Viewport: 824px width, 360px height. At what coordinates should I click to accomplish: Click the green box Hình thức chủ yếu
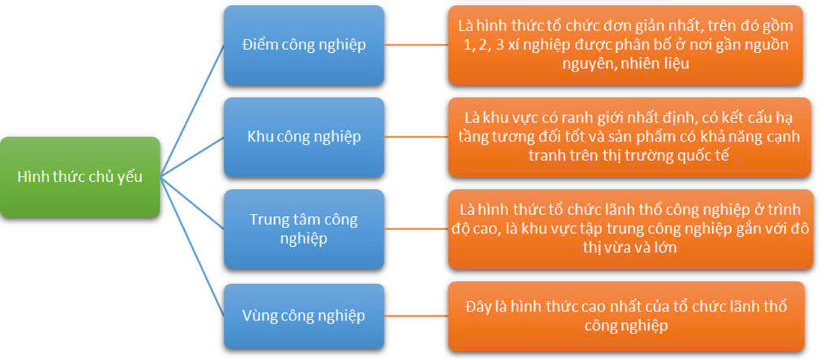[x=80, y=177]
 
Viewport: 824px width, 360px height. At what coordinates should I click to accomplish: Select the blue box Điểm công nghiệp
[x=304, y=45]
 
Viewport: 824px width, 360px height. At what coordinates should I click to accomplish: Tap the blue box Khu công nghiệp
[x=304, y=137]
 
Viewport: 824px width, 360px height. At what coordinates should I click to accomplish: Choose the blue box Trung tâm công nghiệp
[x=304, y=229]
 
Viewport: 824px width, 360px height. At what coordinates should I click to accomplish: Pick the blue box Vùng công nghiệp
[x=304, y=316]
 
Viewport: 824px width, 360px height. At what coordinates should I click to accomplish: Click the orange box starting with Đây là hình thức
[x=626, y=316]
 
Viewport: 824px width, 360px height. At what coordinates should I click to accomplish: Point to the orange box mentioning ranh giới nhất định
[x=629, y=137]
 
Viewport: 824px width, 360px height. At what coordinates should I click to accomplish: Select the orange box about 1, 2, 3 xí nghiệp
[x=625, y=45]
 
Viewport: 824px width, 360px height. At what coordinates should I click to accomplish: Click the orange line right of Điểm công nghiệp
[x=416, y=45]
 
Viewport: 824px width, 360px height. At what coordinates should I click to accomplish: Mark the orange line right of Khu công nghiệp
[x=416, y=137]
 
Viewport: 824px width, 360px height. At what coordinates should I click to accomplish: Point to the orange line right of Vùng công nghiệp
[x=416, y=316]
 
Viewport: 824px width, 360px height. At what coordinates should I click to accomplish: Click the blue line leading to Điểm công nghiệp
[x=191, y=111]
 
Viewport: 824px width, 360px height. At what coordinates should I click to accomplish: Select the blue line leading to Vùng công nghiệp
[x=191, y=247]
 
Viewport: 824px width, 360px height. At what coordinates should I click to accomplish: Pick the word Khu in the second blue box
[x=257, y=137]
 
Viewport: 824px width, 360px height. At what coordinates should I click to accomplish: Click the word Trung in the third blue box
[x=267, y=220]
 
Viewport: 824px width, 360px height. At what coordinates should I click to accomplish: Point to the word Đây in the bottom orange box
[x=477, y=307]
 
